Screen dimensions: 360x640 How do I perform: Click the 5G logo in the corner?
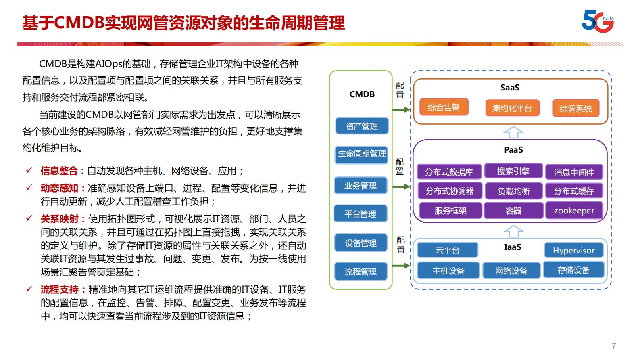[x=597, y=21]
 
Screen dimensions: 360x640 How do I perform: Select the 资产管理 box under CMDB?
[x=362, y=126]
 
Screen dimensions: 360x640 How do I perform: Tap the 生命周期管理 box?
[x=362, y=154]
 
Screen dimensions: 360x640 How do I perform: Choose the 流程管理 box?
[x=361, y=272]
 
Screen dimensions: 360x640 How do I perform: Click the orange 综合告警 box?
[x=444, y=107]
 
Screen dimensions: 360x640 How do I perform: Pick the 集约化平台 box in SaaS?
[x=512, y=108]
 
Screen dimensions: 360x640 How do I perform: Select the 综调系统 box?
[x=575, y=108]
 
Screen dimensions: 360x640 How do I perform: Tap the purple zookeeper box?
[x=574, y=211]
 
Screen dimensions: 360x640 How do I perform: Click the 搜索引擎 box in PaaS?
[x=513, y=171]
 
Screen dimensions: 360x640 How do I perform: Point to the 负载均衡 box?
[x=513, y=191]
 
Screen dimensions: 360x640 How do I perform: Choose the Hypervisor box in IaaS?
[x=573, y=250]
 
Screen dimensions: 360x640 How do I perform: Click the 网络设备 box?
[x=511, y=271]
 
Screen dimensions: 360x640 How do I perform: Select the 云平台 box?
[x=447, y=250]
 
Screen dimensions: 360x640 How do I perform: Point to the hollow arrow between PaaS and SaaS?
[x=513, y=132]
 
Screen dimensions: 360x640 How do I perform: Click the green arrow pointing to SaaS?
[x=401, y=109]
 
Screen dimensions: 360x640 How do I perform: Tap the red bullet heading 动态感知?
[x=59, y=188]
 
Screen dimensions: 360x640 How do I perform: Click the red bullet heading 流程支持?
[x=60, y=289]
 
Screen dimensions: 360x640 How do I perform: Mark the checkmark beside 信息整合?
[x=29, y=170]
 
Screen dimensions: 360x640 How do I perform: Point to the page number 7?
[x=614, y=346]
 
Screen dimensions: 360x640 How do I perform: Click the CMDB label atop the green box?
[x=362, y=94]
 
